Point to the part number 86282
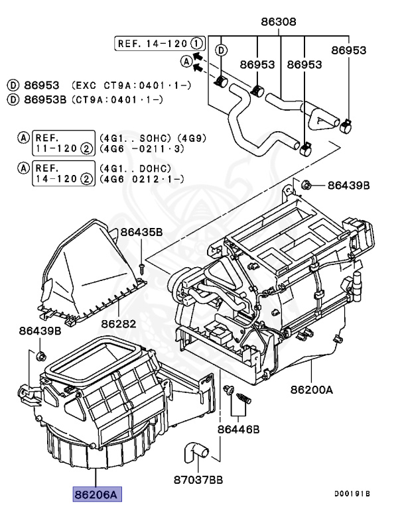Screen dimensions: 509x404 [118, 324]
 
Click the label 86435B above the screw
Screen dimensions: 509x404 [141, 232]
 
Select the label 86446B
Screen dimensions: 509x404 [238, 429]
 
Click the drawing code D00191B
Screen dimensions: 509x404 [352, 494]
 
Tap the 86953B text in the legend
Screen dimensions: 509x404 [50, 99]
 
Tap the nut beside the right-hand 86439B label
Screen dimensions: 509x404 [306, 184]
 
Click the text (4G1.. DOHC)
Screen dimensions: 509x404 [133, 168]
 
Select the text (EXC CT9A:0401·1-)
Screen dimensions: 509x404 [119, 86]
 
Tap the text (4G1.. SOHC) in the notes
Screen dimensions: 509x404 [133, 138]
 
